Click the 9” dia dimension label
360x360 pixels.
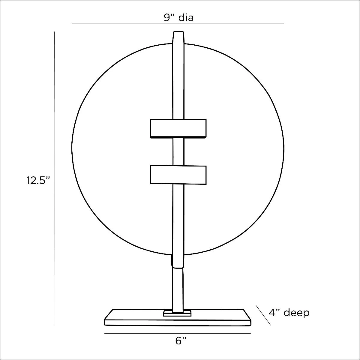point(179,18)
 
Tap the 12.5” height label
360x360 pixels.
point(38,181)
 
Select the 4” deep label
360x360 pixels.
point(289,313)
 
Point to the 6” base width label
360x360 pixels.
point(181,341)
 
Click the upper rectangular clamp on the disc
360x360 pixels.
point(178,128)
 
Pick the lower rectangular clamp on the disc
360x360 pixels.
point(178,175)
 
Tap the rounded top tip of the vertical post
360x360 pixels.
point(178,32)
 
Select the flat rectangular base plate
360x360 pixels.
point(178,317)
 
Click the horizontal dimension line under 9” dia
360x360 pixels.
point(178,23)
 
